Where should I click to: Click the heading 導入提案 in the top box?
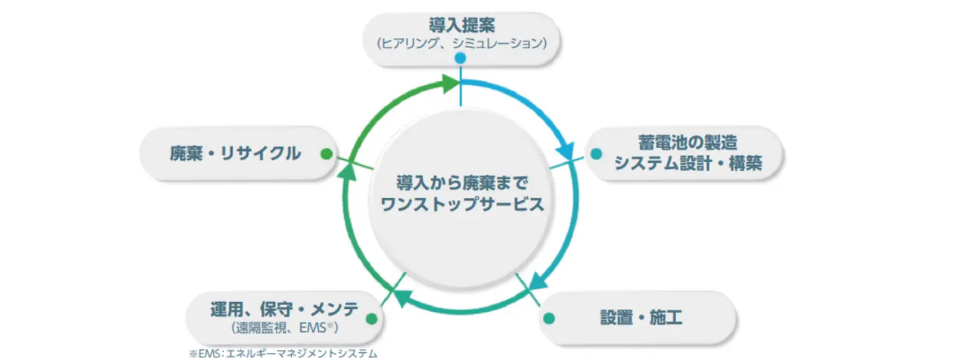click(462, 26)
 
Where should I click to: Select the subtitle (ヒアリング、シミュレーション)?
click(462, 44)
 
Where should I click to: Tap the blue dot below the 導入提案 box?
click(461, 58)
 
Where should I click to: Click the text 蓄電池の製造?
click(687, 143)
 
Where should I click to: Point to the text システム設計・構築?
click(688, 163)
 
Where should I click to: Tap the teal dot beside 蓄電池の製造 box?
click(596, 154)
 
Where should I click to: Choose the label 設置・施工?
click(641, 318)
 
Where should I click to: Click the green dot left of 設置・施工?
click(549, 318)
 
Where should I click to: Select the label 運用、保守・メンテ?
click(284, 309)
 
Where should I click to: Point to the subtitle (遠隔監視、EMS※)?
click(284, 327)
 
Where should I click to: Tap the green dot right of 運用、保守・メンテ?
click(372, 318)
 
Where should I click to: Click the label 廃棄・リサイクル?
click(235, 154)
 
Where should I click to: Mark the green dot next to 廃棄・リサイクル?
click(326, 154)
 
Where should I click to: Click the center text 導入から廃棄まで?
click(462, 183)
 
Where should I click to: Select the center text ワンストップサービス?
click(462, 204)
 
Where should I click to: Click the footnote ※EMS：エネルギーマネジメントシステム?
click(283, 353)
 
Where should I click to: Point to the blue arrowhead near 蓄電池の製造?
click(565, 149)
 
